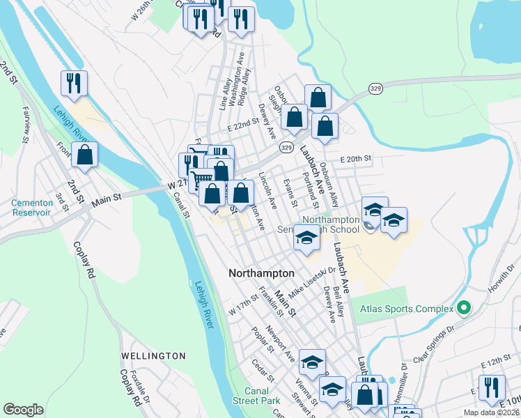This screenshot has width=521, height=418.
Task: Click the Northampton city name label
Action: (261, 274)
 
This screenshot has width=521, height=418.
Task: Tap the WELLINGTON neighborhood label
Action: (153, 356)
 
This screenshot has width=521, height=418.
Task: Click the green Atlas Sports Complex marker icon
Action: (462, 307)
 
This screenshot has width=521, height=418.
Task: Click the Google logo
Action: (24, 410)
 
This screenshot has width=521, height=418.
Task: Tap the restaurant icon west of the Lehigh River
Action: (73, 84)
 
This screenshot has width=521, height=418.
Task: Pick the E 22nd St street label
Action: (247, 127)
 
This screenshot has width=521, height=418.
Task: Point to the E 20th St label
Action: (357, 159)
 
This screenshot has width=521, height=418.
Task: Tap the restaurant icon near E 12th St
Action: (492, 387)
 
